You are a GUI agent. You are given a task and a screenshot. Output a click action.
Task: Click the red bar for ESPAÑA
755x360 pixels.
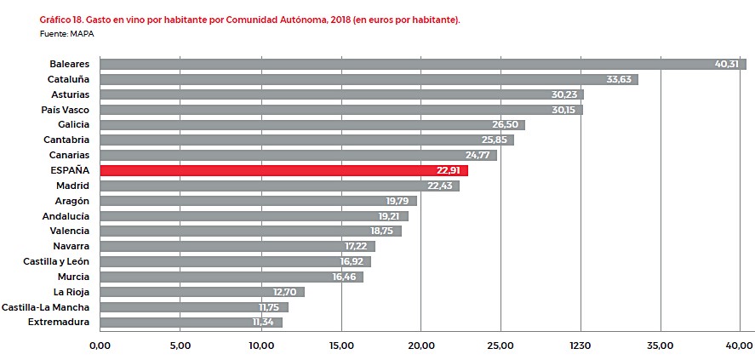(x=283, y=170)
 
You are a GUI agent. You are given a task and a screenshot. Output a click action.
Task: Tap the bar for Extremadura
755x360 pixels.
(x=191, y=323)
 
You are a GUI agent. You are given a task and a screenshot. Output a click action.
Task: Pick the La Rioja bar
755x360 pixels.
(x=202, y=292)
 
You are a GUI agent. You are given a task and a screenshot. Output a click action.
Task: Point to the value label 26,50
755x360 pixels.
(x=508, y=125)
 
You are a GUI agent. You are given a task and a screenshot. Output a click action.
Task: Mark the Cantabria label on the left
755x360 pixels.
(x=66, y=140)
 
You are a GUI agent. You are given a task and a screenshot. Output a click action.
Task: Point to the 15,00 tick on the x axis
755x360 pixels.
(x=341, y=345)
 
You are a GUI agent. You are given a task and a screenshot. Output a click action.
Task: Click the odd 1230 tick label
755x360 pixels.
(x=581, y=345)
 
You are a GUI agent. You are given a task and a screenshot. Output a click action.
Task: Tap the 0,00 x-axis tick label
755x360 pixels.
(x=100, y=345)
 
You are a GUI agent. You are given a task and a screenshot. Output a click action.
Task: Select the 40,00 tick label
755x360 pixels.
(x=739, y=345)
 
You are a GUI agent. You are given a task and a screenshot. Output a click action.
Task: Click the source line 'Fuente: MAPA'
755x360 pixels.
(x=66, y=32)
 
